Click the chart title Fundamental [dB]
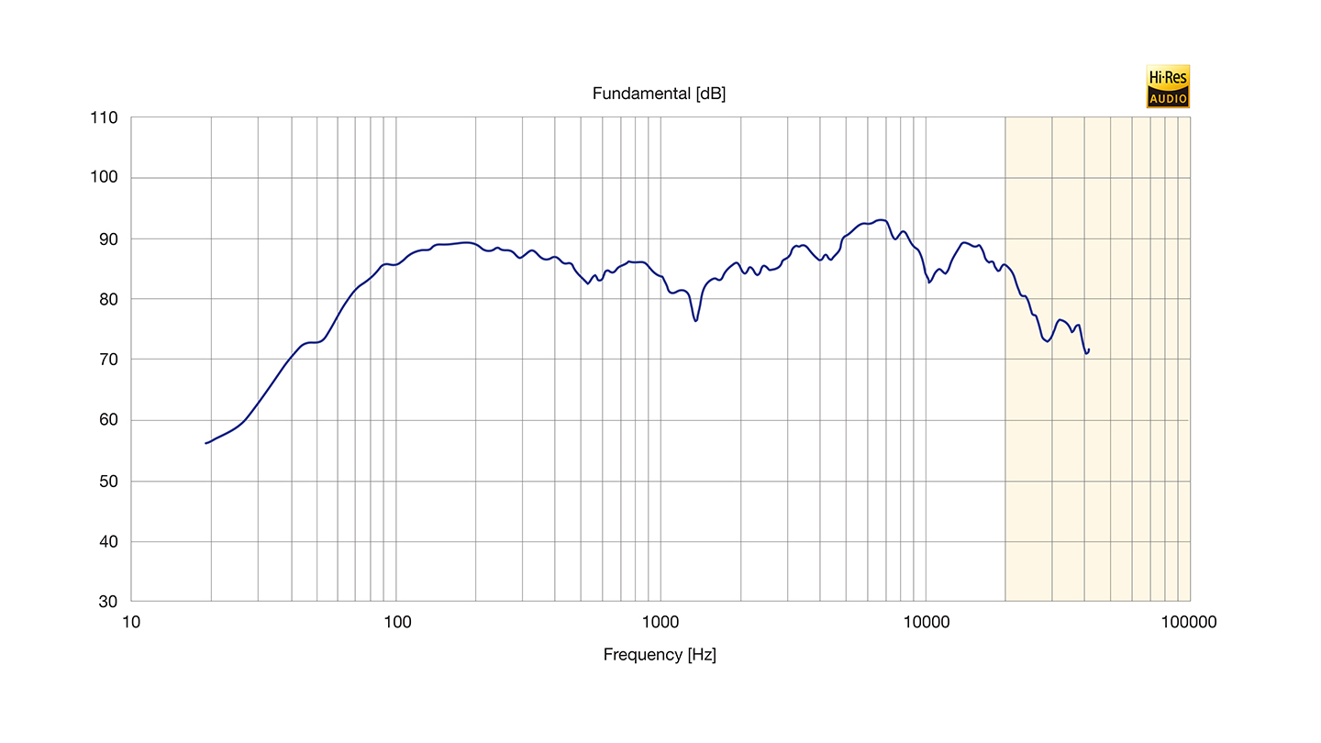coord(659,94)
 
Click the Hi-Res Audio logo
coord(1167,87)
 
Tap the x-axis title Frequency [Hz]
coord(660,654)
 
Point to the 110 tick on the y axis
coord(104,117)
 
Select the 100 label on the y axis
coord(104,178)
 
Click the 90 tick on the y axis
coord(107,238)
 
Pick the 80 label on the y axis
coord(107,299)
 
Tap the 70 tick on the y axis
coord(107,360)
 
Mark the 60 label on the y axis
coord(107,420)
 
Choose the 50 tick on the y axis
coord(107,481)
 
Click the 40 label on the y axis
coord(107,541)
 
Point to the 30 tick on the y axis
coord(107,602)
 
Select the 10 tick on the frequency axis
coord(131,622)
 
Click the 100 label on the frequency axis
coord(396,622)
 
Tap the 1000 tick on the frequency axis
coord(660,622)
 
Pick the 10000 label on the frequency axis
coord(925,622)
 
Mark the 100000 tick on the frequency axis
coord(1188,622)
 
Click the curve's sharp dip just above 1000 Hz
coord(696,320)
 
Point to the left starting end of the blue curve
coord(205,443)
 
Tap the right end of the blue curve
coord(1089,349)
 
